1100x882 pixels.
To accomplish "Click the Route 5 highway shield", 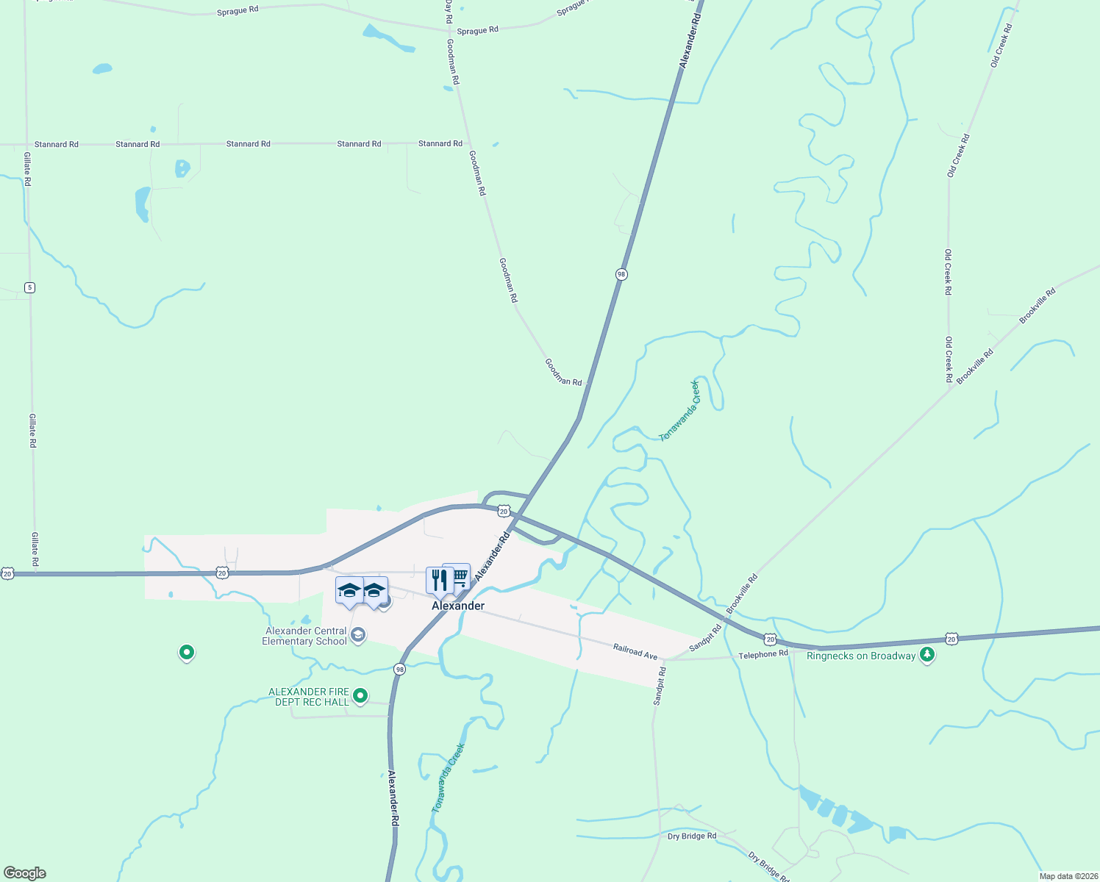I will pyautogui.click(x=29, y=287).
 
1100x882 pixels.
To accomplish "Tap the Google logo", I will pyautogui.click(x=25, y=873).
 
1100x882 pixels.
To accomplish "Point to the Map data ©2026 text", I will pyautogui.click(x=1068, y=876).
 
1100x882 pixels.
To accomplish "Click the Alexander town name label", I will pyautogui.click(x=457, y=606).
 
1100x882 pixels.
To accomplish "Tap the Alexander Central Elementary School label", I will pyautogui.click(x=305, y=636).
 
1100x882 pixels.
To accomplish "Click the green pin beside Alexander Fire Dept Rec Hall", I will pyautogui.click(x=360, y=695).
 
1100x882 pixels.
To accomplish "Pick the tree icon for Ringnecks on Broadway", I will pyautogui.click(x=927, y=655).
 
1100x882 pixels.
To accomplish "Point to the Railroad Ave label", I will pyautogui.click(x=635, y=650).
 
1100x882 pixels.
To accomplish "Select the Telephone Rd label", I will pyautogui.click(x=762, y=654).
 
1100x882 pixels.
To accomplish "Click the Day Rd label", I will pyautogui.click(x=448, y=11).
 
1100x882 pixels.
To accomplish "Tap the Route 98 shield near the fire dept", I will pyautogui.click(x=399, y=669).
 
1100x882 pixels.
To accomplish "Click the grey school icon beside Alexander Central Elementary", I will pyautogui.click(x=358, y=635).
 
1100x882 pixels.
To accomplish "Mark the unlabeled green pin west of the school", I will pyautogui.click(x=187, y=652).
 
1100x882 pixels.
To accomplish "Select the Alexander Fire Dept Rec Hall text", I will pyautogui.click(x=308, y=697).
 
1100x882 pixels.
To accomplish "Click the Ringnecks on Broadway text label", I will pyautogui.click(x=861, y=656).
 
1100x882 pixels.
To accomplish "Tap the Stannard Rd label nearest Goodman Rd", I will pyautogui.click(x=440, y=143).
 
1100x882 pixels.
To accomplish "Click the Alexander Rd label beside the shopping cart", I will pyautogui.click(x=492, y=557).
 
